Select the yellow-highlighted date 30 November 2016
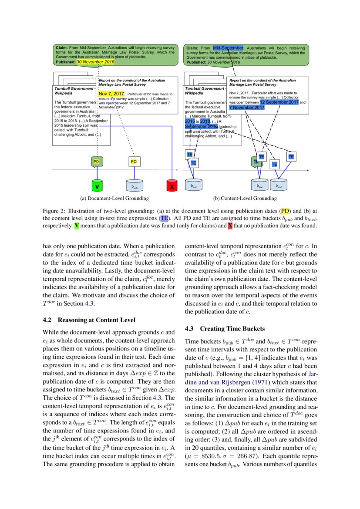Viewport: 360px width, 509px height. point(95,62)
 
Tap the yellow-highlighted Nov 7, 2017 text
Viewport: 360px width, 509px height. point(111,94)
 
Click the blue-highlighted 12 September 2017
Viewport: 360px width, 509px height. point(279,102)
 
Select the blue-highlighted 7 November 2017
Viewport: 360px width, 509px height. point(247,107)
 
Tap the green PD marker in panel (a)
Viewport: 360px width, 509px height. point(97,162)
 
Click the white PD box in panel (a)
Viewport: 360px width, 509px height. point(134,162)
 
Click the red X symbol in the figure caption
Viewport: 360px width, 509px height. point(230,226)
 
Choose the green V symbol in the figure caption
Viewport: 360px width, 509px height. point(77,226)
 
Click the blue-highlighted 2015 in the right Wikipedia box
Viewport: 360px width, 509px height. point(190,121)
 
